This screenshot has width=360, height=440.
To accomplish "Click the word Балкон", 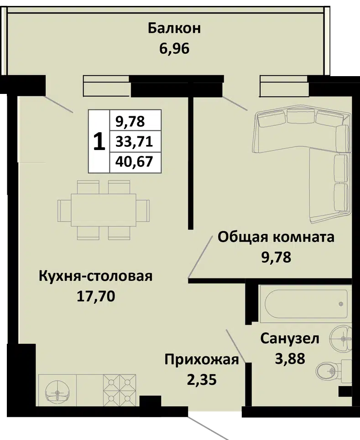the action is tap(174, 28).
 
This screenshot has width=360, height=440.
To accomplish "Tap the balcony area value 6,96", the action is tap(174, 49).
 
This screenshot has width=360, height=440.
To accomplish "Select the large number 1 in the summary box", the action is tap(99, 142).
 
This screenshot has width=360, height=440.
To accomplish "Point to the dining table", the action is tap(104, 210).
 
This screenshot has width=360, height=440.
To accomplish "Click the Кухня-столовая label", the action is tap(95, 276).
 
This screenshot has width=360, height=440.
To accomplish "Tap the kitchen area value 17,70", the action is tap(96, 296).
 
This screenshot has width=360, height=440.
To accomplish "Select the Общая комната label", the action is tap(276, 238).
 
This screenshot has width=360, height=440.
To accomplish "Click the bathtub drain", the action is tap(341, 304).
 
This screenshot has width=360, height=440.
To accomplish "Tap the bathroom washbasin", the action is tap(341, 338).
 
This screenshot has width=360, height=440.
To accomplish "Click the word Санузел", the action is tap(290, 339).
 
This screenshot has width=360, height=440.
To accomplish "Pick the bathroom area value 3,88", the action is tap(290, 359).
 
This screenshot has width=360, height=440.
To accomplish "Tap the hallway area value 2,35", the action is tap(202, 380).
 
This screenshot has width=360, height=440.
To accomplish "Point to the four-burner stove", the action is tap(120, 390).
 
